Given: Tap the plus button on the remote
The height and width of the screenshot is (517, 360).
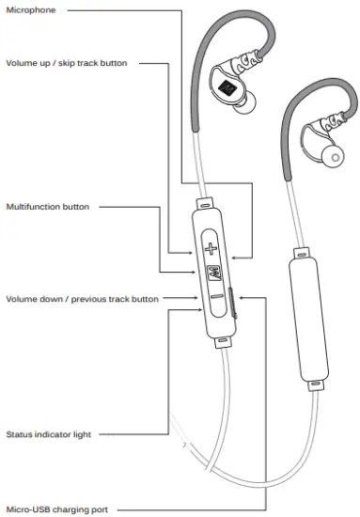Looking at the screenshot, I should coord(211,250).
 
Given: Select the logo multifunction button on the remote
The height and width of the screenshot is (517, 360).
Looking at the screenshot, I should coord(211,274).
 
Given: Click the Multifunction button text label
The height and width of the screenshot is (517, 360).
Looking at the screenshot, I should coord(48,205).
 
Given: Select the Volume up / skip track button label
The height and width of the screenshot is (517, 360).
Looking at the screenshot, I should coord(66,63).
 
